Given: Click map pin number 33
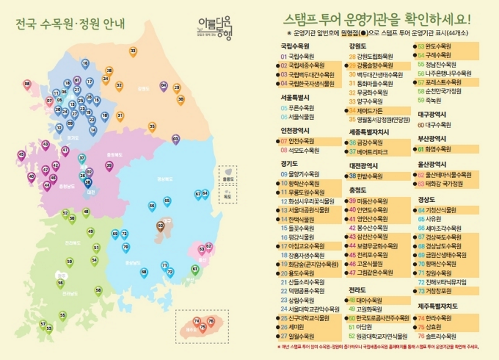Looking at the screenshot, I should [x=133, y=52].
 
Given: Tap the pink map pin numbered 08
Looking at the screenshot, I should [x=28, y=85].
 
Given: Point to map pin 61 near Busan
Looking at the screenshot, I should [x=195, y=269].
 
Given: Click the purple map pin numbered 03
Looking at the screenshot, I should [x=176, y=139].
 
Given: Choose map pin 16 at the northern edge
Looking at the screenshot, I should [x=85, y=63].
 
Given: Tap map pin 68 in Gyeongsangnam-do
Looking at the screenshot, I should [x=144, y=272].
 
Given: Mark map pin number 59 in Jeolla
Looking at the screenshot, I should [x=70, y=261].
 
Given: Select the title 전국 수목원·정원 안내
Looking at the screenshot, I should [x=72, y=25].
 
